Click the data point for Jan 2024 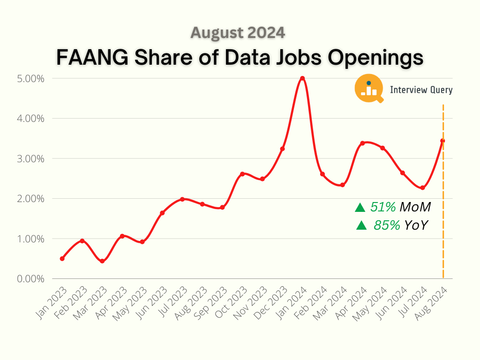302,78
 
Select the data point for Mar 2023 102,261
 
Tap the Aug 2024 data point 442,141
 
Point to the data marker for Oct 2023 242,174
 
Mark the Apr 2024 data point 362,143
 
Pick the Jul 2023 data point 182,199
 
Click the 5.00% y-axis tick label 31,78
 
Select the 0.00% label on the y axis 31,279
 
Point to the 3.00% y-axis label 31,158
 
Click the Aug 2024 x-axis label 433,300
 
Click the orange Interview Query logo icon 368,89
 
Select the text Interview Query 421,90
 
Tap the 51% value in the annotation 383,207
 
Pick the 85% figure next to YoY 387,225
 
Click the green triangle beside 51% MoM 360,207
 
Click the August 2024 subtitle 238,33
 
